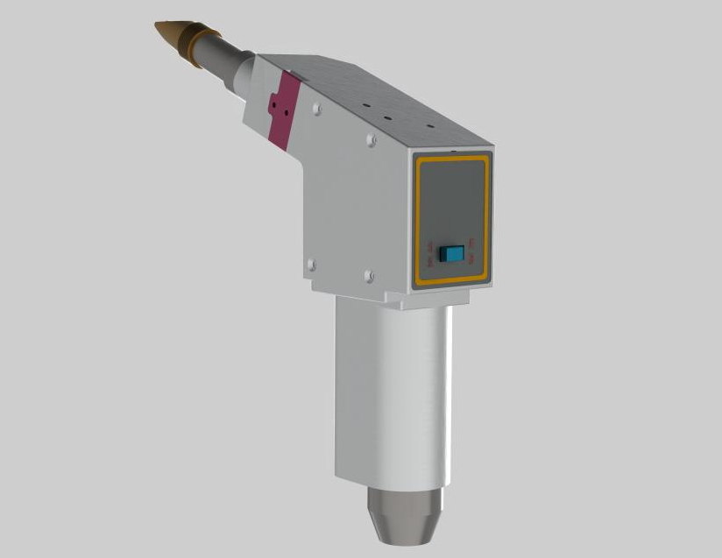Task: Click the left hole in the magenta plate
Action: (274, 101)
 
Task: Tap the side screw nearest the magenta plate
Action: (316, 109)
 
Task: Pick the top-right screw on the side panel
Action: (372, 138)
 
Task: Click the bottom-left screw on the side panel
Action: (310, 262)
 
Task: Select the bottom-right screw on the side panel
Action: (369, 277)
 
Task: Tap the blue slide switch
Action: (452, 253)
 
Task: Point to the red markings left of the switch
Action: (431, 254)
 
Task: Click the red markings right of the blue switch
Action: (472, 250)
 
